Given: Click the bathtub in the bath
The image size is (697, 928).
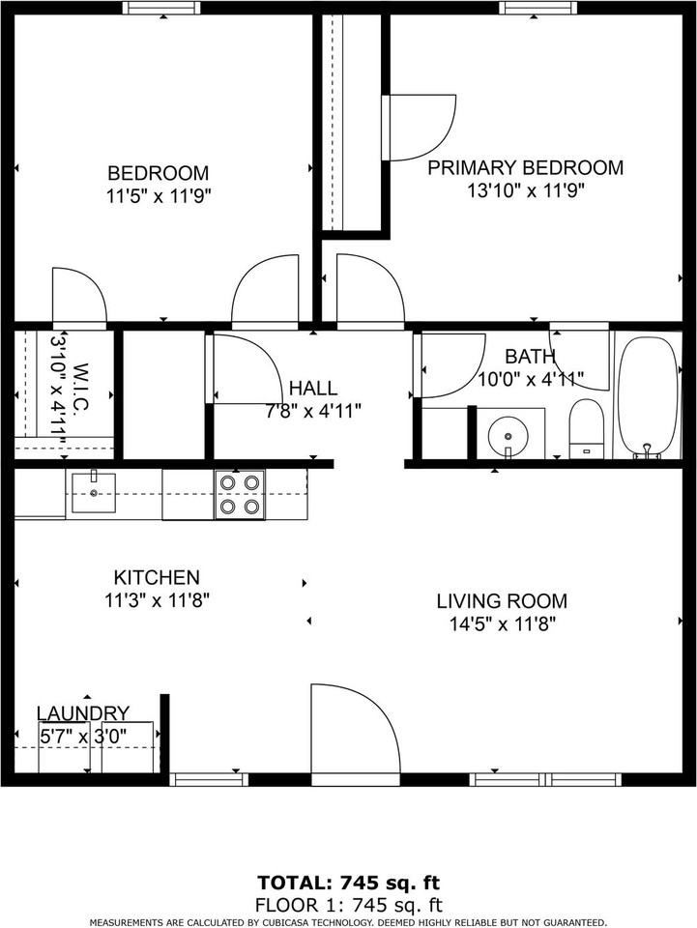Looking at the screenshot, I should pos(649,396).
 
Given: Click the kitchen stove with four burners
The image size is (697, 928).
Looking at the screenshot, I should pos(239,494).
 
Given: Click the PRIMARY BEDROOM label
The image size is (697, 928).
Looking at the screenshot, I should pos(525,167).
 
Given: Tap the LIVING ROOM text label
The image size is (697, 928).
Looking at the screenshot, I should pos(501,600).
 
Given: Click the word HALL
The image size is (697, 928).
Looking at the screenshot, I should pos(313,389).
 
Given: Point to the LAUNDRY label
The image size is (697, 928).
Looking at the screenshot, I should pos(83,713).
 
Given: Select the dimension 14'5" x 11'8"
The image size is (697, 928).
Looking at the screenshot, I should pos(501,623).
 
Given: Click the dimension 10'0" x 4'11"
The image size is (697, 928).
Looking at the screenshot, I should pos(530,379).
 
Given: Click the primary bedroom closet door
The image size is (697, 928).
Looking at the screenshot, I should pos(420,127).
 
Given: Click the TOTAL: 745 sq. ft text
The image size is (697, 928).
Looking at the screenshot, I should pos(348,883).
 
